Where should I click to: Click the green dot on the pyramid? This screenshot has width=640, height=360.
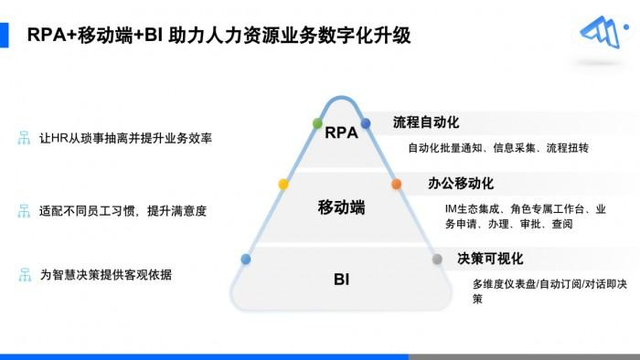[317, 123]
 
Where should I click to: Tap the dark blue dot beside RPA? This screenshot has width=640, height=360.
[366, 123]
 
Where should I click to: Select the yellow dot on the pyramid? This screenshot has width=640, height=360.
[283, 185]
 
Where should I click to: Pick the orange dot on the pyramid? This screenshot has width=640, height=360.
[396, 185]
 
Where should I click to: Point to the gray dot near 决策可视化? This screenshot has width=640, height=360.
[437, 259]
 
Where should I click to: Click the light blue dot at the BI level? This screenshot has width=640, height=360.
[246, 259]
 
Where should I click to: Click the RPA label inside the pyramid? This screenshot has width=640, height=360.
[341, 132]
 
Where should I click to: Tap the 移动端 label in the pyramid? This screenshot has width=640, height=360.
[341, 207]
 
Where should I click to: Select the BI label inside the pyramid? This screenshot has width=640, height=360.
[341, 280]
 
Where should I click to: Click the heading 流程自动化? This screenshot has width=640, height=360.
[426, 122]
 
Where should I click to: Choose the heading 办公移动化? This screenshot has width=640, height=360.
[461, 184]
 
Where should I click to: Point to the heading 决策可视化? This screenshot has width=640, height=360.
[490, 259]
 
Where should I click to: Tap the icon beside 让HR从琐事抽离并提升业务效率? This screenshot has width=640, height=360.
[24, 138]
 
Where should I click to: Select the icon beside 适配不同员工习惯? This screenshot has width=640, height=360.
[24, 211]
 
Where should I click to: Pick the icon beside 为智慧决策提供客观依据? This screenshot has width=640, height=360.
[25, 275]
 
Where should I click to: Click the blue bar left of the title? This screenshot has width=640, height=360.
[4, 35]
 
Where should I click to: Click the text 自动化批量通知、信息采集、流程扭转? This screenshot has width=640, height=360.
[498, 148]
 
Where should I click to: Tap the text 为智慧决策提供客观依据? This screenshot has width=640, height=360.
[106, 275]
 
